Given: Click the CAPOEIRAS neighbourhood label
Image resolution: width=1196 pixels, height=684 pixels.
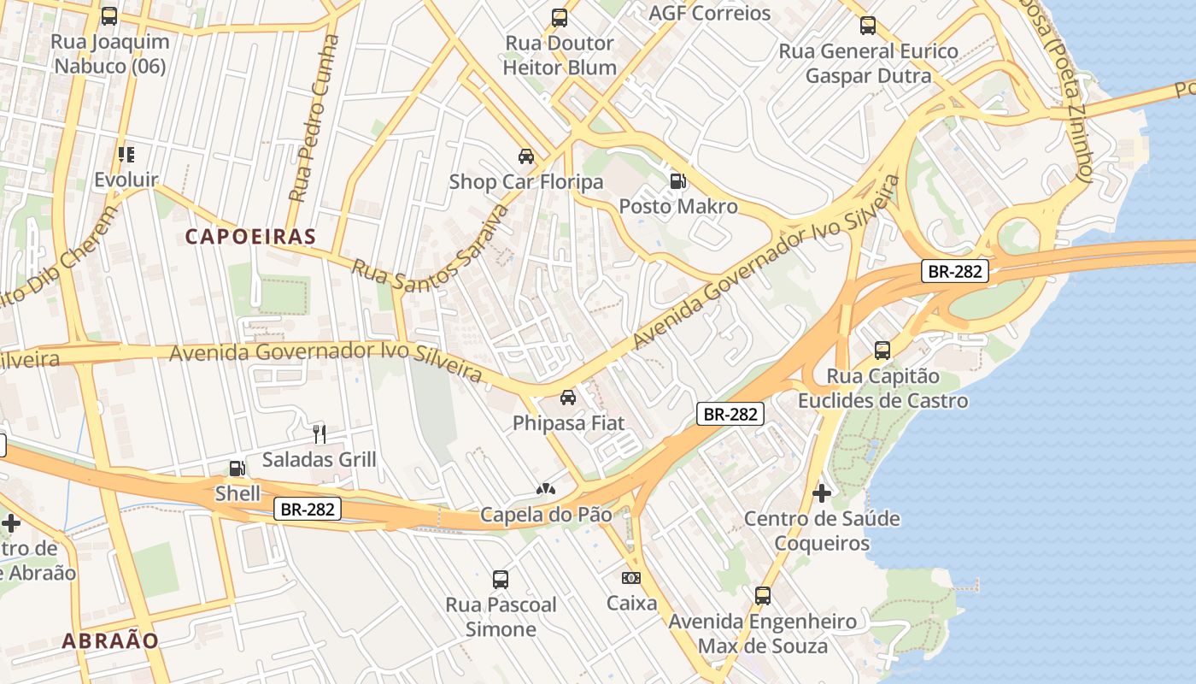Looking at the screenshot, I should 250,237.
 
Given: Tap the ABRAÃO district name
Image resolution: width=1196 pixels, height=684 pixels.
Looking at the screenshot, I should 110,640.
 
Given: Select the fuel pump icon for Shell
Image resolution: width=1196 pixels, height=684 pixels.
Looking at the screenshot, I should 237,469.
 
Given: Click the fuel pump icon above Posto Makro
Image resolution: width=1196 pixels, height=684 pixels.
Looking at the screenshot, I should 677,180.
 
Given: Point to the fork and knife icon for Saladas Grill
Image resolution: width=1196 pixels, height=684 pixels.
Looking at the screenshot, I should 319,434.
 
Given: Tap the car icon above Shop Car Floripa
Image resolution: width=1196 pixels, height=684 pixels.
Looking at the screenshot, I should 526,156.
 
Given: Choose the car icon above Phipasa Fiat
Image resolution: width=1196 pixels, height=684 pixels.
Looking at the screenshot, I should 567,398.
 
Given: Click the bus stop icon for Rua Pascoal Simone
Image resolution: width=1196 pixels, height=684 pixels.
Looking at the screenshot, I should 501,580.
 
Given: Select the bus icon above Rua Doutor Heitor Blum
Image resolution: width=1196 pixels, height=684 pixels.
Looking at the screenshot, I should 560,18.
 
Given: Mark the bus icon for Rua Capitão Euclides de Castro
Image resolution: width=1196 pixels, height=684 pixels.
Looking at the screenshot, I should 882,351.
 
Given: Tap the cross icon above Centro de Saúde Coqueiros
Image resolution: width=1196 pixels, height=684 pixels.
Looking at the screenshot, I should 821,493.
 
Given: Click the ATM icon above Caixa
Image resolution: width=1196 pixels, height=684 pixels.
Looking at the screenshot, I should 631,578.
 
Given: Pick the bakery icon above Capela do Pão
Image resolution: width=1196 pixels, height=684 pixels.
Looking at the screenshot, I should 545,489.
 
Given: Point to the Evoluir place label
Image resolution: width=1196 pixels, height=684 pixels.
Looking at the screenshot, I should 126,180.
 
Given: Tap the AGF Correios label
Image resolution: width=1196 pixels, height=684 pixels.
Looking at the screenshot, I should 709,13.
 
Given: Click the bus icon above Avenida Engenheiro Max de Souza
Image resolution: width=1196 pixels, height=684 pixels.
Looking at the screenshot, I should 763,596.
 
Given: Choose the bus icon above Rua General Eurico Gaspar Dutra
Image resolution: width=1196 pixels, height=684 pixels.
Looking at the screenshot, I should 868,26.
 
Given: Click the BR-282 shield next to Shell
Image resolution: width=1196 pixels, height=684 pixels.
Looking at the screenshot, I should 308,510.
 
